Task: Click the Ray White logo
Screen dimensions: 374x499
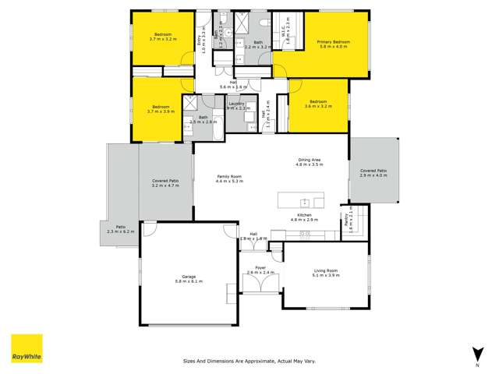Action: click(26, 348)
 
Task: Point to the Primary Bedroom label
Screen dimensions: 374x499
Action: click(333, 44)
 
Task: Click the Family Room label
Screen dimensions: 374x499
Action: click(230, 179)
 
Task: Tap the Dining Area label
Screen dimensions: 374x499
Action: click(309, 162)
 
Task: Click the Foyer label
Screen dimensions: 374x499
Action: click(261, 270)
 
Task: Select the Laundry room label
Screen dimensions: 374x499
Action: click(238, 106)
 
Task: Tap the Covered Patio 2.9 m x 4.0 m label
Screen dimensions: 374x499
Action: click(373, 172)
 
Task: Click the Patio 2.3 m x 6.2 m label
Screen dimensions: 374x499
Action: click(120, 229)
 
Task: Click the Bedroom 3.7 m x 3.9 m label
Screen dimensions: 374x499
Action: click(161, 109)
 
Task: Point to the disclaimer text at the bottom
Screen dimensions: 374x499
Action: click(249, 361)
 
